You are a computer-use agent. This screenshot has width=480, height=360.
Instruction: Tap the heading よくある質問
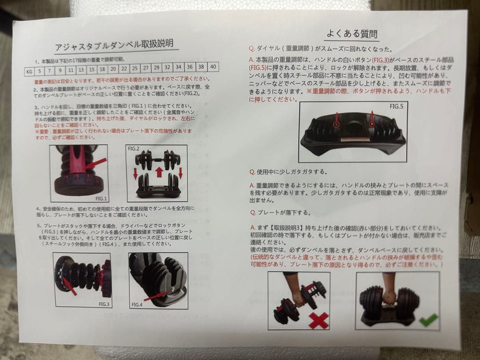pyautogui.click(x=352, y=33)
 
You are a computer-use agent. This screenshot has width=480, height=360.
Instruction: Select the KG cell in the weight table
pyautogui.click(x=30, y=70)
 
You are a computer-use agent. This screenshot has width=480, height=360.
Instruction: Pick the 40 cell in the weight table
pyautogui.click(x=213, y=67)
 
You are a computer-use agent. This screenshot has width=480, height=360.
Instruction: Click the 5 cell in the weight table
pyautogui.click(x=40, y=70)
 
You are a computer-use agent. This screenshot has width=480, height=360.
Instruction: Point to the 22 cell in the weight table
pyautogui.click(x=124, y=68)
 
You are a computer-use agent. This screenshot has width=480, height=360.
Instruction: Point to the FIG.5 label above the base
pyautogui.click(x=396, y=107)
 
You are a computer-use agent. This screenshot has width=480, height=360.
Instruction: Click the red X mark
pyautogui.click(x=318, y=320)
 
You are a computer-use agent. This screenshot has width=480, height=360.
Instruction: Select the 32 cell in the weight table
pyautogui.click(x=167, y=68)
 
